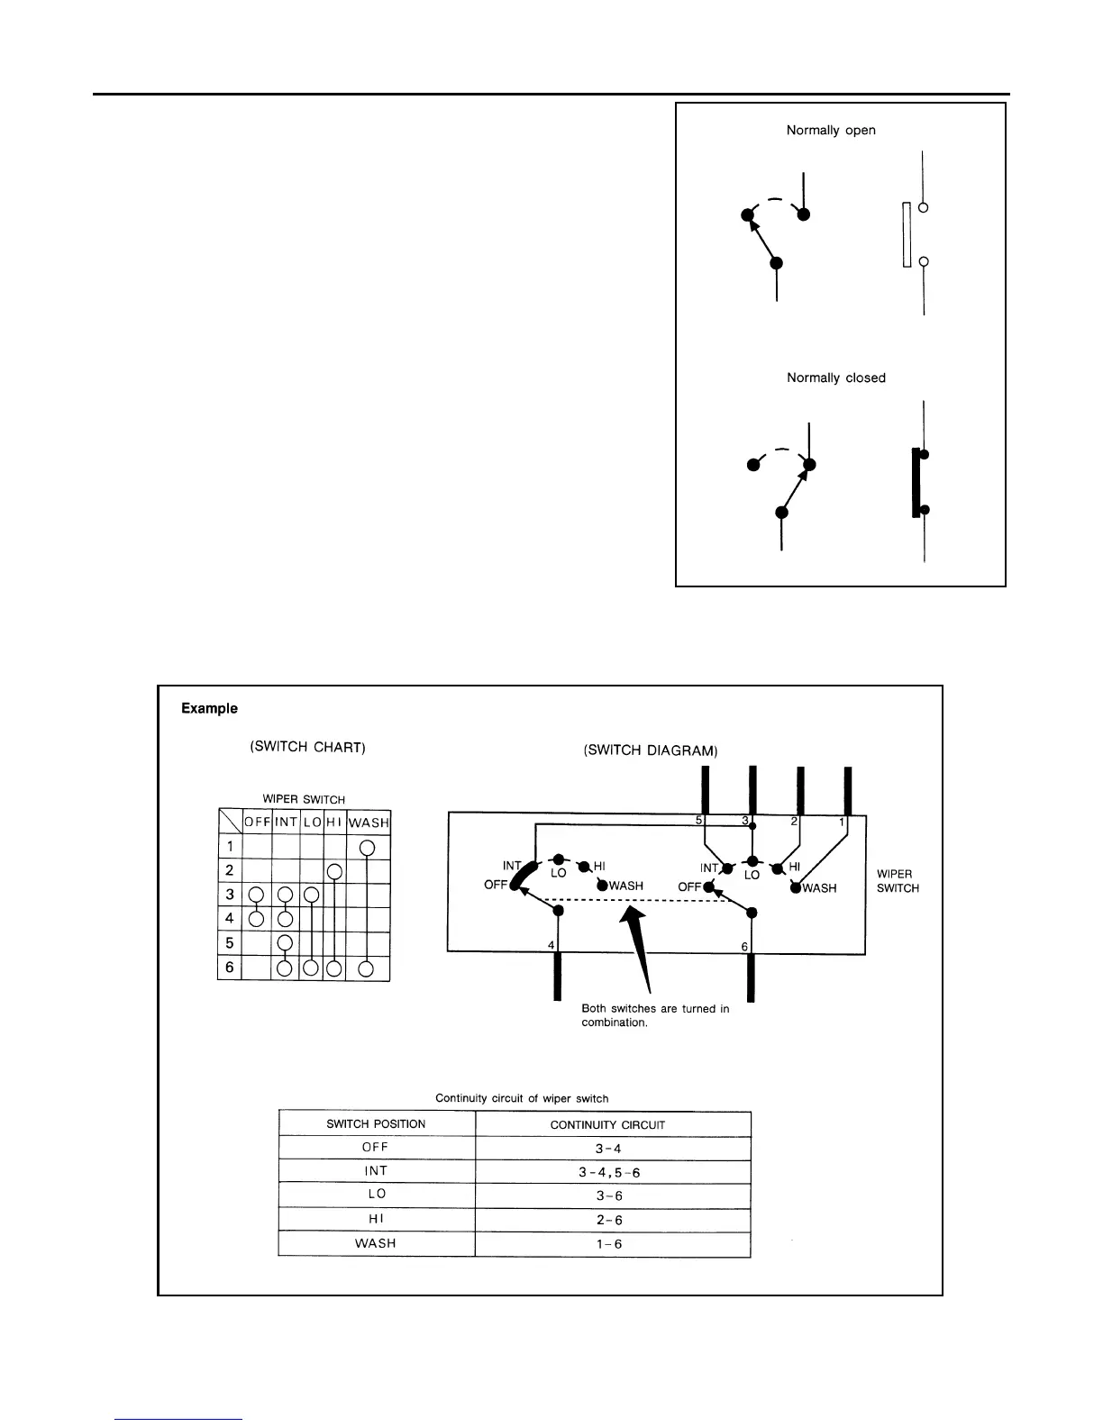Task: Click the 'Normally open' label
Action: tap(830, 131)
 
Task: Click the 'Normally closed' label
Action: tap(835, 378)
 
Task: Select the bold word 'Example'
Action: tap(209, 709)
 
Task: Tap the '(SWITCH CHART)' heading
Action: tap(306, 748)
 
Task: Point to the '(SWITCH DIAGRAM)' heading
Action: tap(651, 750)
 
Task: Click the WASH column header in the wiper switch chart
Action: tap(368, 823)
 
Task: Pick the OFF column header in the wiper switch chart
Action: tap(257, 823)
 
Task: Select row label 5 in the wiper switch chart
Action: tap(230, 943)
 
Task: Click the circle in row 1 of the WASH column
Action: tap(367, 848)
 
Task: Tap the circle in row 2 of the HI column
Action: tap(334, 872)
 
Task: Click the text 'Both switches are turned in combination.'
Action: tap(655, 1015)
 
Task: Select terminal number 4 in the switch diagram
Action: tap(551, 945)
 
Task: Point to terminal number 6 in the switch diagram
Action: tap(744, 947)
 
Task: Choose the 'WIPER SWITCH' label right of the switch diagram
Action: tap(898, 881)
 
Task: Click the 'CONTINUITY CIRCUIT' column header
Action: tap(607, 1124)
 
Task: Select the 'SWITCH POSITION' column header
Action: tap(375, 1124)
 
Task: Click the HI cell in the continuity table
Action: tap(376, 1219)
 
